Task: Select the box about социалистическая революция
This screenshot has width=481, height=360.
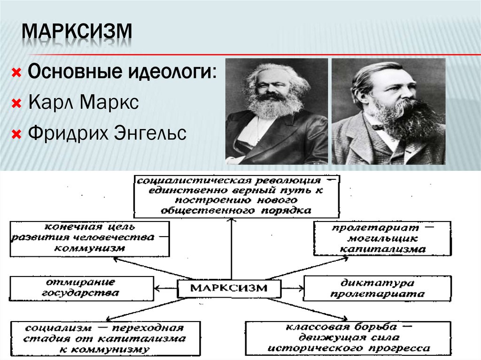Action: (236, 196)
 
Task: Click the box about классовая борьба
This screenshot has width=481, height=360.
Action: (348, 337)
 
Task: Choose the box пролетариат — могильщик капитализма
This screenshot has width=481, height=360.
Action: (382, 238)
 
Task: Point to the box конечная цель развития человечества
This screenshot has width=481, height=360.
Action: (89, 238)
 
